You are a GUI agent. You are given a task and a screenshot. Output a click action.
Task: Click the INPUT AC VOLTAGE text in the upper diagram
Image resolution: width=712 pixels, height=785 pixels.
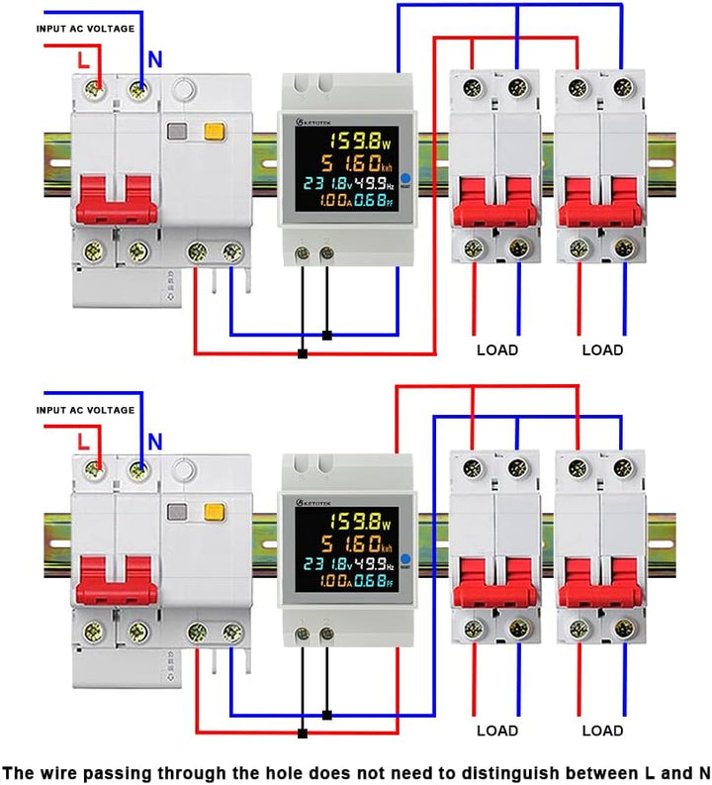[85, 29]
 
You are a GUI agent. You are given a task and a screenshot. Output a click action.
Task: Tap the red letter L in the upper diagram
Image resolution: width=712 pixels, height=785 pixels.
[84, 60]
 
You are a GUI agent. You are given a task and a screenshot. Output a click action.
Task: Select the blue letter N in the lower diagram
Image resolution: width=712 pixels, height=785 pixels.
[154, 442]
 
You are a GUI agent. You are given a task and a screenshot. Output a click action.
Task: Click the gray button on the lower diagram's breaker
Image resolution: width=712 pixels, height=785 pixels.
[179, 513]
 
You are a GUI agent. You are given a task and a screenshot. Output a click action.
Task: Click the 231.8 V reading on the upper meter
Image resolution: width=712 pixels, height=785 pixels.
[328, 184]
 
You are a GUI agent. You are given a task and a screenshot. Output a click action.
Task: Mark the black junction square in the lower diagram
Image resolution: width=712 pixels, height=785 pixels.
[302, 733]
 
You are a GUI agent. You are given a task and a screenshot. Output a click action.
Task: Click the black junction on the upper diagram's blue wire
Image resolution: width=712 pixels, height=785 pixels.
[326, 335]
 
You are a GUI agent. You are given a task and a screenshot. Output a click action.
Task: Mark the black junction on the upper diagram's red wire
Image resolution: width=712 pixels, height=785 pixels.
[302, 352]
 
